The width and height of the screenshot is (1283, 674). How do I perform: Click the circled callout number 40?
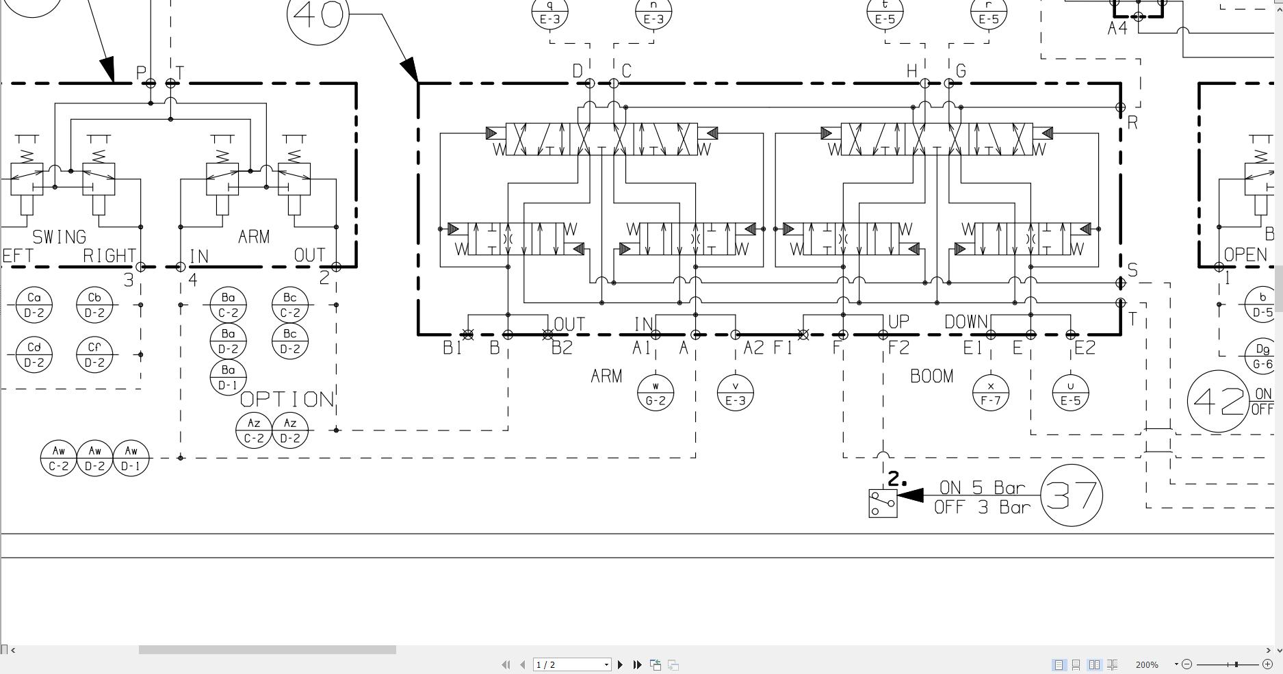tap(317, 14)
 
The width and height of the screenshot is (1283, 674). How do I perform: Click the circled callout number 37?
tap(1071, 495)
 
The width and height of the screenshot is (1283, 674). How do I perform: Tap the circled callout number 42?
tap(1218, 402)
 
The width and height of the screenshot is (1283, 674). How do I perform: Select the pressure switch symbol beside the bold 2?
tap(883, 504)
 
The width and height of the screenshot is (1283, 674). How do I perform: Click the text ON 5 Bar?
tap(982, 488)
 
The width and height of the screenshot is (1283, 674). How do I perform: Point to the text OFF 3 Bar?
tap(982, 507)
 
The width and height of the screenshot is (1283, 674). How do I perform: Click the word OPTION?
tap(287, 400)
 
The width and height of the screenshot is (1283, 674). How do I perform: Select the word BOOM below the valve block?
tap(931, 376)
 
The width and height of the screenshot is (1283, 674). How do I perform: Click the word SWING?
tap(60, 237)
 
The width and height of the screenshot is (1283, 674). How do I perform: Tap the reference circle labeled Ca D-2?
tap(34, 305)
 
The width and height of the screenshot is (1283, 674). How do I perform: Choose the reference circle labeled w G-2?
tap(655, 393)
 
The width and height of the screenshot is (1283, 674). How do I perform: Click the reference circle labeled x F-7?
tap(990, 393)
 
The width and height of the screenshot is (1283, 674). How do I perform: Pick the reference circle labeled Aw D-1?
tap(131, 458)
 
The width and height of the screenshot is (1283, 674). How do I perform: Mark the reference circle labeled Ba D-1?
tap(228, 378)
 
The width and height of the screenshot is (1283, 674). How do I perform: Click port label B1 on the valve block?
tap(452, 348)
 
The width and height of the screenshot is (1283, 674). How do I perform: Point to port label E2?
tap(1085, 348)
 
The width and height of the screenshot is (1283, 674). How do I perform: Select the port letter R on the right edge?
tap(1132, 123)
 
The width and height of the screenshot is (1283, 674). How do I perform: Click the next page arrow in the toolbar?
tap(621, 664)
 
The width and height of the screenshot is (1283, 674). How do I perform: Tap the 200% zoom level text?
tap(1147, 664)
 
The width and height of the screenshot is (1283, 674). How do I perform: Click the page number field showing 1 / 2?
tap(571, 664)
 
